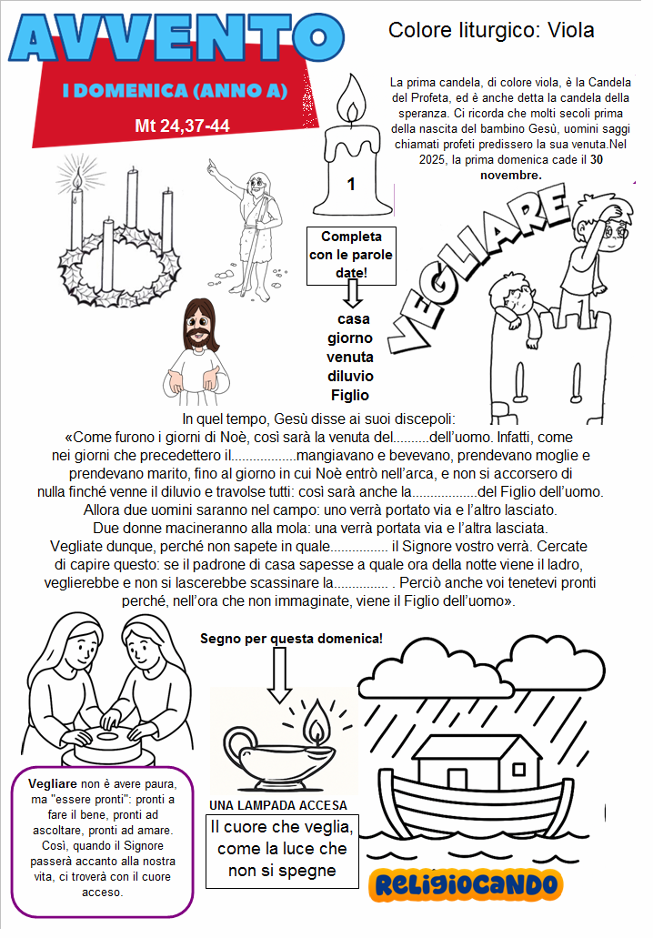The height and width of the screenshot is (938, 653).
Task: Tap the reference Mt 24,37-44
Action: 182,126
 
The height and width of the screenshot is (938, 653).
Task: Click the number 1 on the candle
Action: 350,185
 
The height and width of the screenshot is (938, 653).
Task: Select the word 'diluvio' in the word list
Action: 350,376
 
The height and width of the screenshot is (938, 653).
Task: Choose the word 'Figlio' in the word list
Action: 350,395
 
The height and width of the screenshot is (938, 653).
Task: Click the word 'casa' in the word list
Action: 353,319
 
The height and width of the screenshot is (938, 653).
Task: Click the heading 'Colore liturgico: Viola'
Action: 491,30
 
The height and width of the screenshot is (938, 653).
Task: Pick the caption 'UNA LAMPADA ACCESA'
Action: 277,805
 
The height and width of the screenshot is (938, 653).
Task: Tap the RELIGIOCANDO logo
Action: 466,883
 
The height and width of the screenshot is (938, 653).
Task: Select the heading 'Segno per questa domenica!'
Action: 291,638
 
